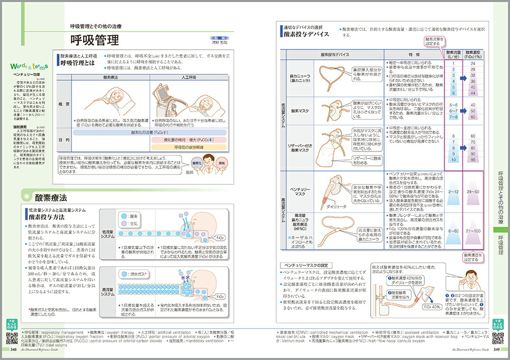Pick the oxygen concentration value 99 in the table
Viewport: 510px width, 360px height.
tap(473, 160)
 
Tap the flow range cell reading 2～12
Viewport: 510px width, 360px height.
tap(452, 191)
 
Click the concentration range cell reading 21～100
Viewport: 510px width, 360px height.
tap(473, 230)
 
